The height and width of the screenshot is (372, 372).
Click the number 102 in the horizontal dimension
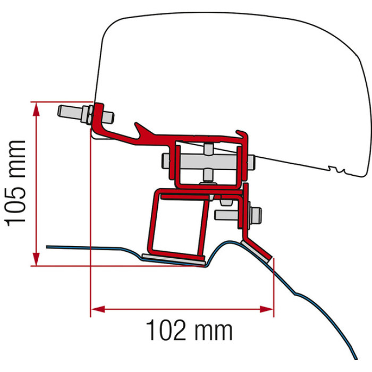point(166,330)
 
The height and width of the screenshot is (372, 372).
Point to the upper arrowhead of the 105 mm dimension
point(36,109)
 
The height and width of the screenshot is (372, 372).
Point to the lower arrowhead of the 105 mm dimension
point(36,259)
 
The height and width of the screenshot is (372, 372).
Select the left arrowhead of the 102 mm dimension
point(98,309)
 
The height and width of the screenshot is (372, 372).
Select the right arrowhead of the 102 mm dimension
point(267,309)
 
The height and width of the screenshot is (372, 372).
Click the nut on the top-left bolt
point(87,114)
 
